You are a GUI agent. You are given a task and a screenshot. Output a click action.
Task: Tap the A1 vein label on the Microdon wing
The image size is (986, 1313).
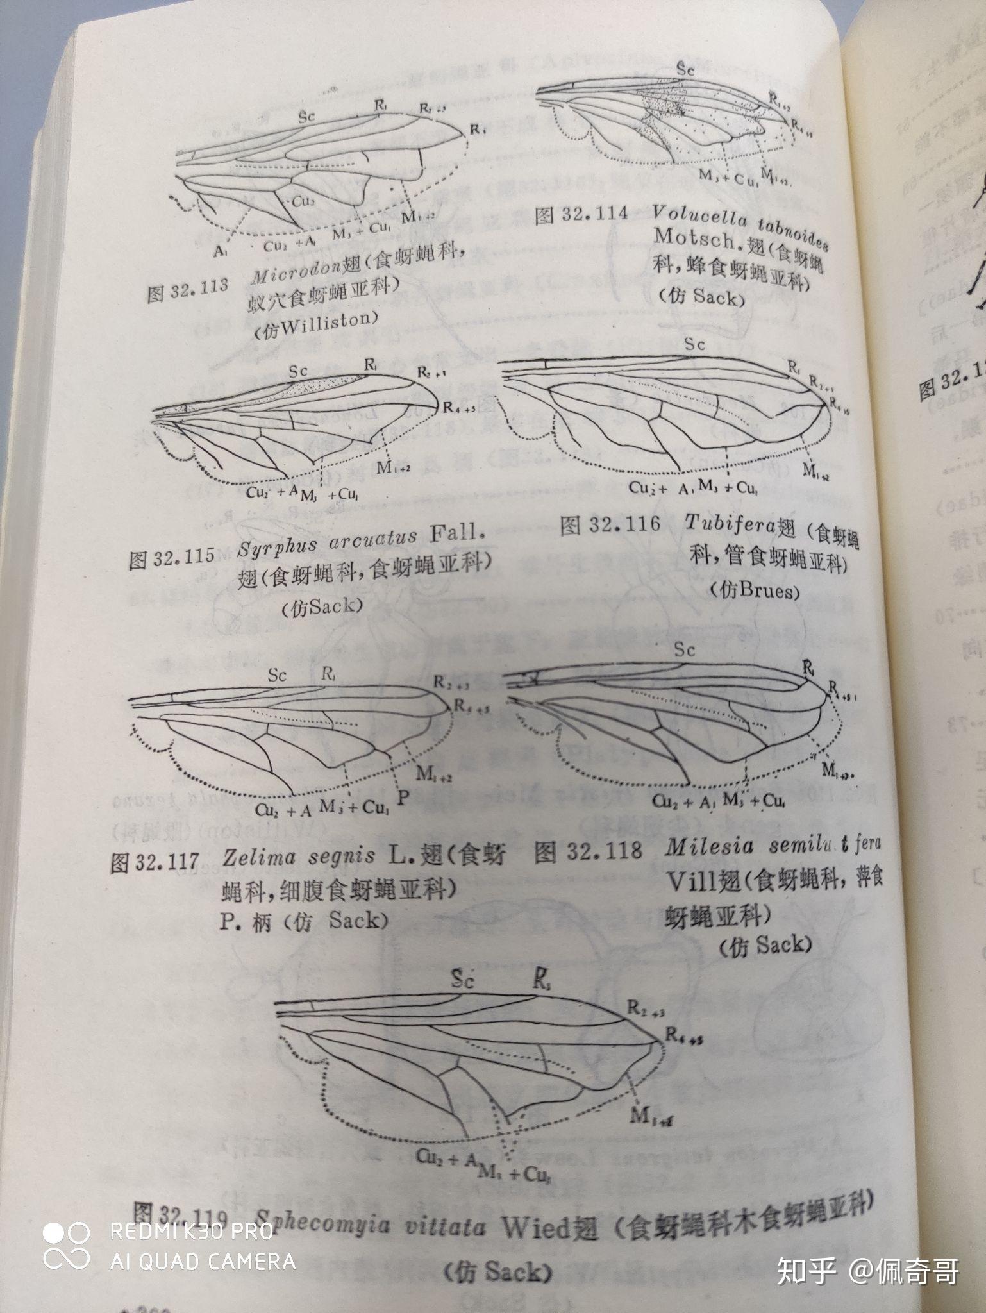pos(220,252)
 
